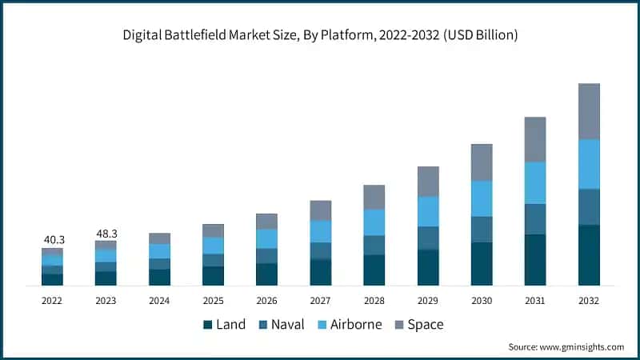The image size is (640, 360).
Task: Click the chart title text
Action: (319, 34)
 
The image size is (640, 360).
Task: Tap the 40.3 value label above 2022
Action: (52, 238)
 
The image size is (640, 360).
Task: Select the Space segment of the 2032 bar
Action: (589, 111)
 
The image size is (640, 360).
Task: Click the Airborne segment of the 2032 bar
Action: (589, 164)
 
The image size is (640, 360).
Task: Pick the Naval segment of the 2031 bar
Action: (535, 218)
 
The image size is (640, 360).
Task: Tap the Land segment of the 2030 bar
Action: (482, 263)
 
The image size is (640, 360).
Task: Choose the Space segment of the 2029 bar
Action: (428, 182)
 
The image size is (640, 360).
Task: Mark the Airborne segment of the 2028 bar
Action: (374, 222)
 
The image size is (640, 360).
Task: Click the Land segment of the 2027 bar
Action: (321, 272)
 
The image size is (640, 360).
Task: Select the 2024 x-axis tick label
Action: (159, 301)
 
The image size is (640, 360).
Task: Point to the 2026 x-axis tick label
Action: (266, 301)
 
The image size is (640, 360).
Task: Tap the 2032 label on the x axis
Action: (589, 301)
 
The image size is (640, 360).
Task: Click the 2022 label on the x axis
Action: (52, 301)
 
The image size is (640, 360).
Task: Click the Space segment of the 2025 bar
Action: (213, 230)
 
